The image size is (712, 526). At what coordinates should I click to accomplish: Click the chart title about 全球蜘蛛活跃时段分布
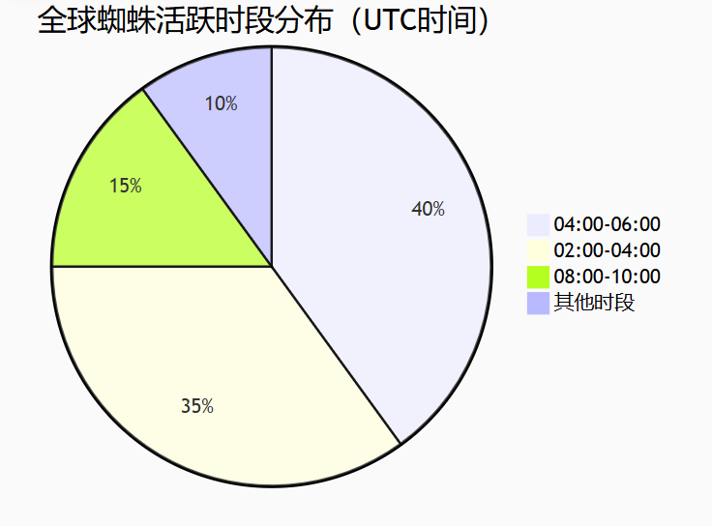263,20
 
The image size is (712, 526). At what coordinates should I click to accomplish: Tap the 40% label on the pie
428,209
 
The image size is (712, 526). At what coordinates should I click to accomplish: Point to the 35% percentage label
197,406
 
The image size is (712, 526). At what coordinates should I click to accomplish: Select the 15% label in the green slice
126,186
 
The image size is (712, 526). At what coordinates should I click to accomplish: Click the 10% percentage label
222,103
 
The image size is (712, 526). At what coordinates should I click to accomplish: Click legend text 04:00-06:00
608,224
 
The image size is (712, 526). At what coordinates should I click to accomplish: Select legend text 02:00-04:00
608,250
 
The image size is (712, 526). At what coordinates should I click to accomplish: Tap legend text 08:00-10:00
608,276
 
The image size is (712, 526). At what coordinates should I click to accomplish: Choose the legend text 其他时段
594,303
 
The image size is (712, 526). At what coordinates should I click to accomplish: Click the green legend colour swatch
538,277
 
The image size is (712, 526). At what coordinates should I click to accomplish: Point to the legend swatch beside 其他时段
538,304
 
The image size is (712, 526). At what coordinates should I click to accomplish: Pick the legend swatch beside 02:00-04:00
538,251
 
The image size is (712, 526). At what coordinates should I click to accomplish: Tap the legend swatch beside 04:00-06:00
538,225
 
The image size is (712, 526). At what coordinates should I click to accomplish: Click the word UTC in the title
391,20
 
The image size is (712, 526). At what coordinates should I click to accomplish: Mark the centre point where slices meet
272,267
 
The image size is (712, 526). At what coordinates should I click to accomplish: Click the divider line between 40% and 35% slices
337,355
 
